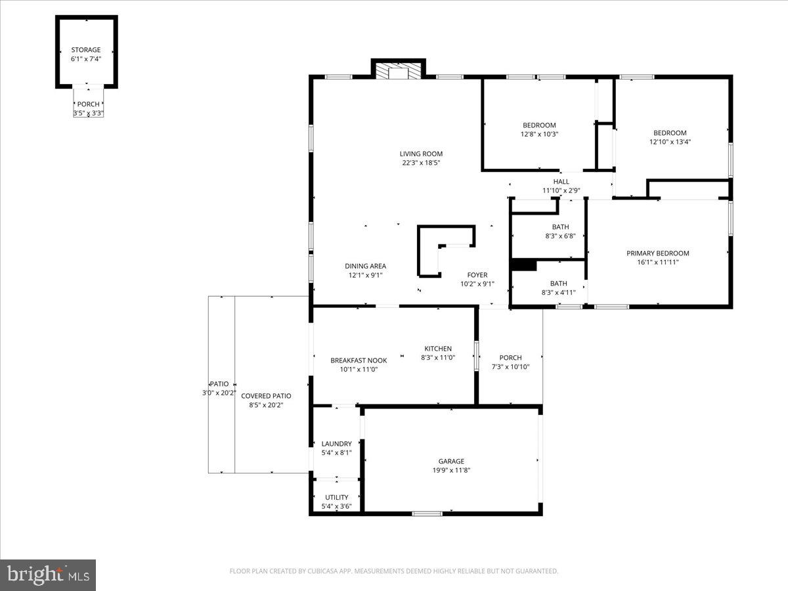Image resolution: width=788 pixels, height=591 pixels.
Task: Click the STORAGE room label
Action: coord(86,50)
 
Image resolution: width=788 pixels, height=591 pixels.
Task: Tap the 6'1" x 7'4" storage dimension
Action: coord(86,59)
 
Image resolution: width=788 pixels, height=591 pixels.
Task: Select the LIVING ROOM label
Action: coord(421,154)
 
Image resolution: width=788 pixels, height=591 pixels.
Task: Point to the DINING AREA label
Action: coord(365,266)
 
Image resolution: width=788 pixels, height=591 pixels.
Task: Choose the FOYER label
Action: coord(477,275)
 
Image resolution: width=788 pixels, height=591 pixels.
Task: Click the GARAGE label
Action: coord(451,462)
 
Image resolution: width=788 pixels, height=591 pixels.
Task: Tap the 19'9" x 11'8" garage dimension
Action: coord(451,470)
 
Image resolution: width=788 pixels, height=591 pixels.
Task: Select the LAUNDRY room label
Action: coord(336,444)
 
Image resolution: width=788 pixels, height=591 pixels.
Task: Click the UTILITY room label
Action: coord(336,498)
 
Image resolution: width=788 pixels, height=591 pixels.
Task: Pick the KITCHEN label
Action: coord(438,349)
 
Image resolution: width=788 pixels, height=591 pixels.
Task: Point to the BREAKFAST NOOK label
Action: coord(359,361)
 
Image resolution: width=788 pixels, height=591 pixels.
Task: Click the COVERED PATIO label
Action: coord(266,396)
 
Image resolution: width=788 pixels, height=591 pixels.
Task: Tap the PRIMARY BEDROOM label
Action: coord(657,253)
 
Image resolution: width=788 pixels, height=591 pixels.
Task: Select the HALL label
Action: coord(561,182)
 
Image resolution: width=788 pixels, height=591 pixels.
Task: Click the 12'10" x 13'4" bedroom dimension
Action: coord(670,142)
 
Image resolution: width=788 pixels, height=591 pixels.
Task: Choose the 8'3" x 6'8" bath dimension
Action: coord(560,236)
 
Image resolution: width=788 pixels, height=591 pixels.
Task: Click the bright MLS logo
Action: coord(48,575)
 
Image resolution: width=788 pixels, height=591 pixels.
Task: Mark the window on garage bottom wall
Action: coord(427,514)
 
